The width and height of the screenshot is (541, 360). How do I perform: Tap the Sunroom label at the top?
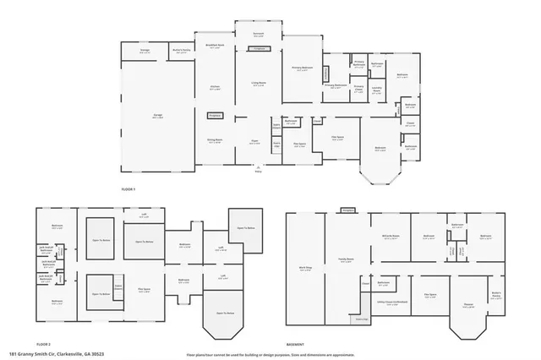pyautogui.click(x=259, y=34)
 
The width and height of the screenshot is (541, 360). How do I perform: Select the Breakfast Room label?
pyautogui.click(x=214, y=46)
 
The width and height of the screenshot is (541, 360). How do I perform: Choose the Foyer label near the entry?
pyautogui.click(x=254, y=143)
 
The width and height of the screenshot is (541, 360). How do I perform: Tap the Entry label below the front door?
pyautogui.click(x=260, y=172)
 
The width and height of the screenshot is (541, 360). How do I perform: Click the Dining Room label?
pyautogui.click(x=215, y=141)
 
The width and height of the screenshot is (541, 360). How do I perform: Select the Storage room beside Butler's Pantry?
pyautogui.click(x=145, y=52)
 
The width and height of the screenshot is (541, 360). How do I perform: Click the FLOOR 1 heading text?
pyautogui.click(x=128, y=189)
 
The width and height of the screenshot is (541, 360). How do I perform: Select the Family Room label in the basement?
pyautogui.click(x=347, y=259)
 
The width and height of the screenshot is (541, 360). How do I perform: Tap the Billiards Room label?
pyautogui.click(x=390, y=237)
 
